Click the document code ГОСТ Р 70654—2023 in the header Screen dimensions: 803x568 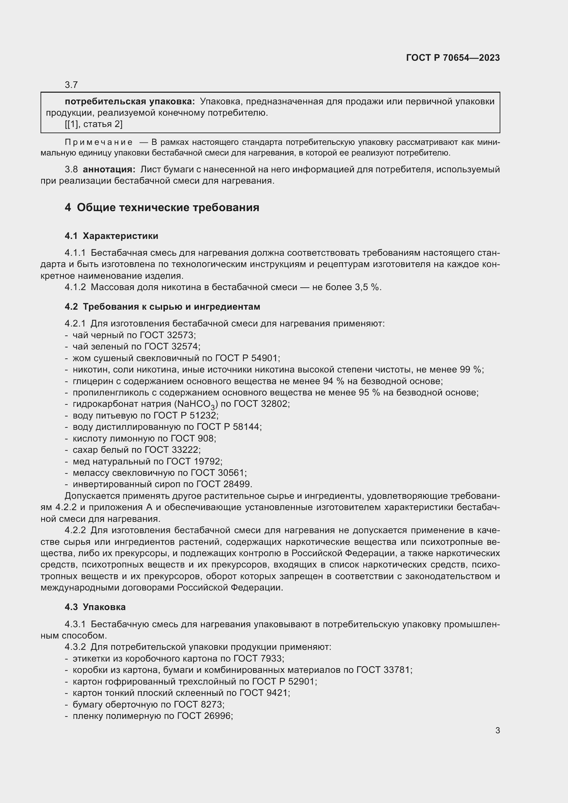coord(453,58)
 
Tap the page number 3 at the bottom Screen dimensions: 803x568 coord(497,731)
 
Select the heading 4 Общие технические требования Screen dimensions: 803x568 coord(162,207)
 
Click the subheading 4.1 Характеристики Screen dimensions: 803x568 coord(111,236)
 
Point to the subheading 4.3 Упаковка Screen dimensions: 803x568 coord(95,607)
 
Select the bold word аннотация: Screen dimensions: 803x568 coord(109,170)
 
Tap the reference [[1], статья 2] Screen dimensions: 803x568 coord(94,124)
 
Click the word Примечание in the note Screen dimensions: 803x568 coord(99,142)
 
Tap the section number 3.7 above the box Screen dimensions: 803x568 coord(71,85)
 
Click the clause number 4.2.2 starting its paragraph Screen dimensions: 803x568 coord(75,530)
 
